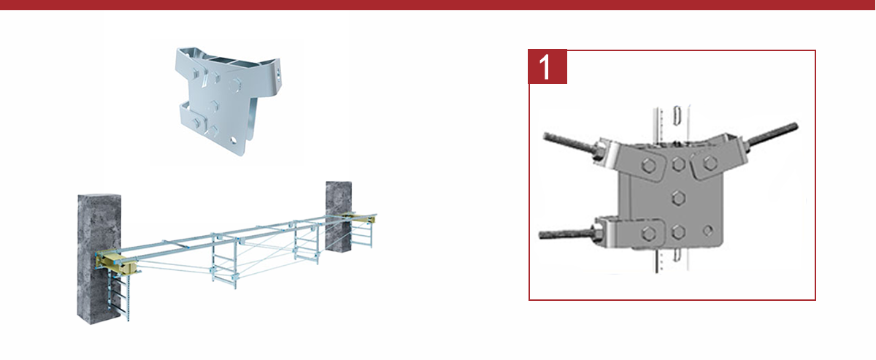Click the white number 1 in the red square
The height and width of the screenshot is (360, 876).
tap(545, 67)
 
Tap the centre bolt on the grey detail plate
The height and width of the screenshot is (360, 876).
tap(679, 198)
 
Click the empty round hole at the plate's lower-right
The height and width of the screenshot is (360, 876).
tap(707, 231)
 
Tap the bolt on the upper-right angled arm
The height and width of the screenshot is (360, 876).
tap(710, 162)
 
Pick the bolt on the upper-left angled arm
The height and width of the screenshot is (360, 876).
tap(649, 165)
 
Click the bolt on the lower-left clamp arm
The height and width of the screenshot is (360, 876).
tap(648, 234)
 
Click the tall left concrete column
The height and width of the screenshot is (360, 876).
tap(99, 259)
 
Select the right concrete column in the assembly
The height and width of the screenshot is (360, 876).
tap(338, 216)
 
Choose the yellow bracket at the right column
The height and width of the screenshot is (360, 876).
tap(358, 218)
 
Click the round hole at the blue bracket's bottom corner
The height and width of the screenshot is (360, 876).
tap(234, 140)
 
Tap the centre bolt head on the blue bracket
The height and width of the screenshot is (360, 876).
tap(213, 106)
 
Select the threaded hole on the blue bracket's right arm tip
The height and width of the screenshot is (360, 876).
tap(278, 74)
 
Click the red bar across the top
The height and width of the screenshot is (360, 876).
tap(438, 5)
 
